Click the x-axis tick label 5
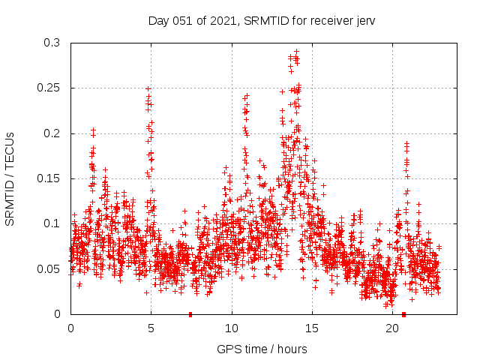click(151, 328)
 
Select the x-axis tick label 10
click(232, 328)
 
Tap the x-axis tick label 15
click(312, 328)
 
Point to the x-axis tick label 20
click(392, 328)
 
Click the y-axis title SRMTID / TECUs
click(10, 178)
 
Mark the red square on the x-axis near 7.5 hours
click(190, 314)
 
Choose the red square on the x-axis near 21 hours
click(404, 314)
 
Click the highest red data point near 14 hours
click(296, 51)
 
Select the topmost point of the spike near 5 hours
click(148, 88)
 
